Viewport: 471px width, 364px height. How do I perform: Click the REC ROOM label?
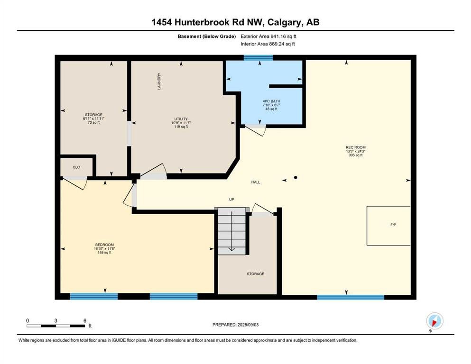point(355,147)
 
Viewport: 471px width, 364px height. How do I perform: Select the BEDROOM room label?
point(104,245)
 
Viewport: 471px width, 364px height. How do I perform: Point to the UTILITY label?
point(181,119)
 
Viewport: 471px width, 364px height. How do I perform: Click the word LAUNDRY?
point(159,81)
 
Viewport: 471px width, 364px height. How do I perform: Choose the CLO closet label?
point(76,167)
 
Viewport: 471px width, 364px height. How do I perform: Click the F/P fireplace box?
point(388,226)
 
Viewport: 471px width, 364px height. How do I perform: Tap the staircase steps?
point(231,231)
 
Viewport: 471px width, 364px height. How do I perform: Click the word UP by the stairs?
point(231,200)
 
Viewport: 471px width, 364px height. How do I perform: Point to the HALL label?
point(256,182)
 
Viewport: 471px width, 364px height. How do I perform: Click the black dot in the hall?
point(296,178)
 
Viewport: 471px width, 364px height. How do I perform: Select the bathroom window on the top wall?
point(258,58)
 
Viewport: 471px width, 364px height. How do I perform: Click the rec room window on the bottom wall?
point(351,297)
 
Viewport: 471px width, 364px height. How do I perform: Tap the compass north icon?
point(434,321)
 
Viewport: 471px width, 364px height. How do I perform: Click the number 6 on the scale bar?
point(85,320)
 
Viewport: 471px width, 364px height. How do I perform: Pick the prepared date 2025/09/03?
point(248,325)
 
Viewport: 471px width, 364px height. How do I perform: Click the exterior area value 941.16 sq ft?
point(284,36)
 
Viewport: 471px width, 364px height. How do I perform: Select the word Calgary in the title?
point(285,22)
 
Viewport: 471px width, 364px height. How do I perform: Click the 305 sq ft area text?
point(355,155)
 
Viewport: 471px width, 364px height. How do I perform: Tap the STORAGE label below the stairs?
point(256,274)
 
